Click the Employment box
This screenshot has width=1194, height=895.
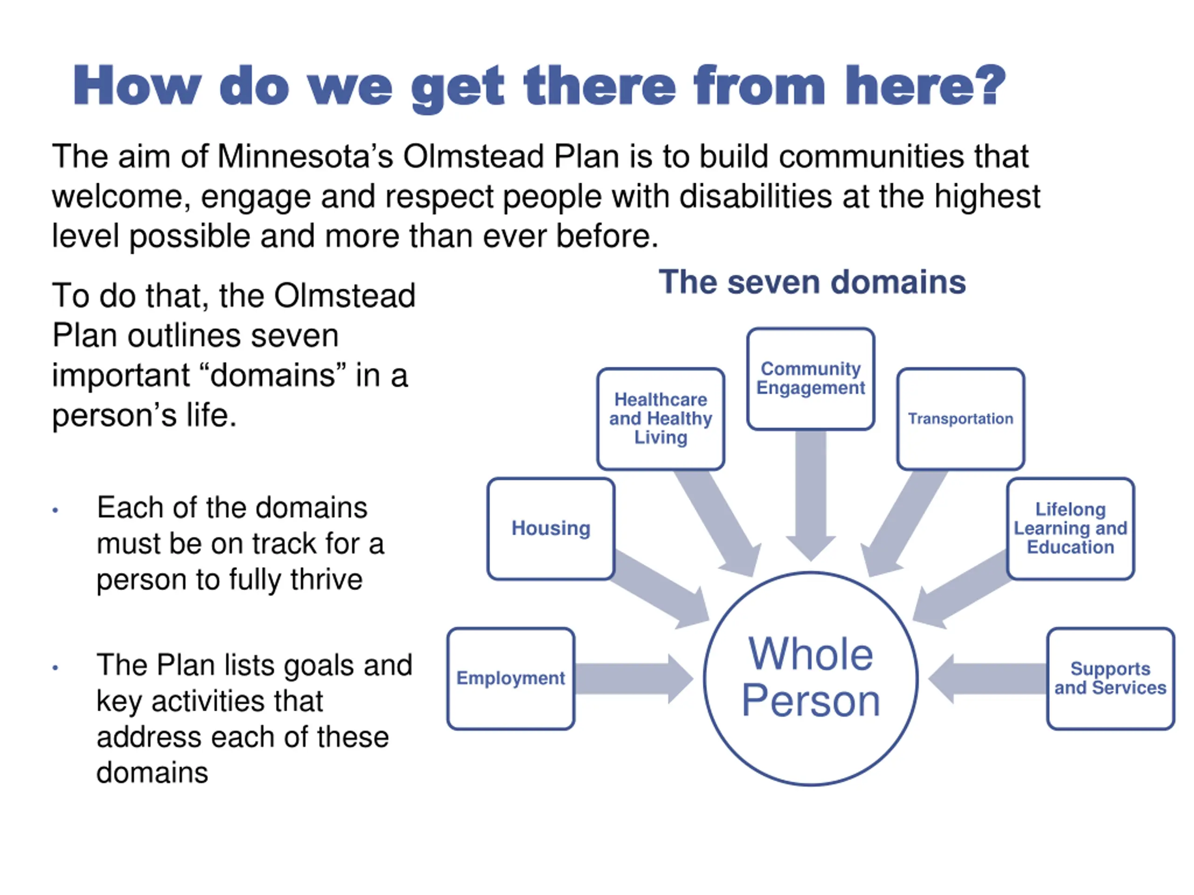click(x=511, y=678)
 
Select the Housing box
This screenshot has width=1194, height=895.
click(x=550, y=529)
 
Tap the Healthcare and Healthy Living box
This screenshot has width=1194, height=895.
click(x=661, y=419)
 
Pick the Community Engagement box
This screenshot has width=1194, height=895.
click(x=810, y=379)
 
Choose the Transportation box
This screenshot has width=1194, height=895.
click(x=960, y=419)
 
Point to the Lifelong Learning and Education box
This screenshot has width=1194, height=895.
click(x=1070, y=529)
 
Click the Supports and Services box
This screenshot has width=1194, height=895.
click(x=1111, y=678)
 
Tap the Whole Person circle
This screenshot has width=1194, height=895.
click(x=810, y=678)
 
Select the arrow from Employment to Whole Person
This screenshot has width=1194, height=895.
click(x=632, y=679)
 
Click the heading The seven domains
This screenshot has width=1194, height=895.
click(x=812, y=282)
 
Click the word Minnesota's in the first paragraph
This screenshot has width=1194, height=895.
click(x=305, y=157)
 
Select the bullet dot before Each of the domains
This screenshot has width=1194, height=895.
click(x=55, y=510)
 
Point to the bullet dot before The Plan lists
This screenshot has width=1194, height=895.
click(x=55, y=668)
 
